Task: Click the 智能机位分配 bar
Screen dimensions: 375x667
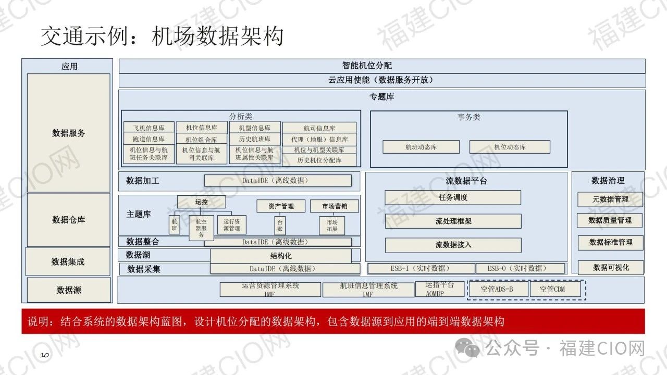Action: tap(382, 66)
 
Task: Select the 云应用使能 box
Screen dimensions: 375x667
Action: tap(382, 80)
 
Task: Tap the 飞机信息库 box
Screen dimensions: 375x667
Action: tap(149, 128)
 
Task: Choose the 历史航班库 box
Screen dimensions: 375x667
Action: tap(254, 139)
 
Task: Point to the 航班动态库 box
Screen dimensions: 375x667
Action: tap(421, 147)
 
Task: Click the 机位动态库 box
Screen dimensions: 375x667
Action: tap(510, 147)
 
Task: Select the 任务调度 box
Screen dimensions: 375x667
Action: tap(453, 197)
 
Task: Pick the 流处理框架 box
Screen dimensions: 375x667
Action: tap(453, 221)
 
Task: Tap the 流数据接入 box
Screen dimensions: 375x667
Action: tap(453, 245)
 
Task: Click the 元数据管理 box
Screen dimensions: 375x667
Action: tap(610, 199)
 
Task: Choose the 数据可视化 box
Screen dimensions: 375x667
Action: tap(611, 267)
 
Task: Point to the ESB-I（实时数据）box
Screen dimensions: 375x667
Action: tap(421, 268)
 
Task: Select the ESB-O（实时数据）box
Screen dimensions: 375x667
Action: tap(520, 268)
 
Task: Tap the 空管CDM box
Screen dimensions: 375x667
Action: tap(555, 289)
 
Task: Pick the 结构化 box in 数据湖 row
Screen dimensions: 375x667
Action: tap(281, 256)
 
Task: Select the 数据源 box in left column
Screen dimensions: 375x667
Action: tap(69, 290)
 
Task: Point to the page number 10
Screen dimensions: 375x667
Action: tap(45, 355)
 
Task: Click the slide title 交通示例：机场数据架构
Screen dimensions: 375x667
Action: tap(162, 36)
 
